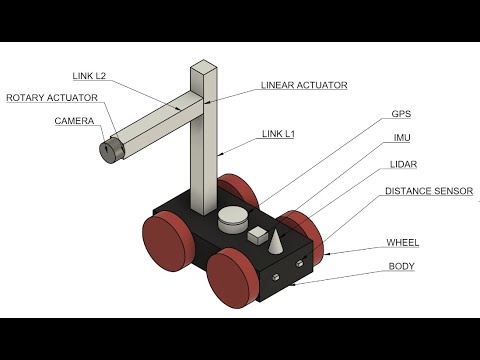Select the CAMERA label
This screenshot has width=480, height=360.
click(74, 121)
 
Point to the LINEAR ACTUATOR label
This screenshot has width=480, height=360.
click(304, 86)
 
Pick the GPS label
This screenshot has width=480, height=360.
click(400, 114)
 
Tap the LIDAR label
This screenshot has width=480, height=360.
click(403, 163)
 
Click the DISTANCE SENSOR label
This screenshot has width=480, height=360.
click(429, 190)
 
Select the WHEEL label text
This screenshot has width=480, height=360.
click(403, 243)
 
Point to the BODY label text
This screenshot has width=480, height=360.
click(401, 267)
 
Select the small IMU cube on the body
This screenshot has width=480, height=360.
click(258, 236)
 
